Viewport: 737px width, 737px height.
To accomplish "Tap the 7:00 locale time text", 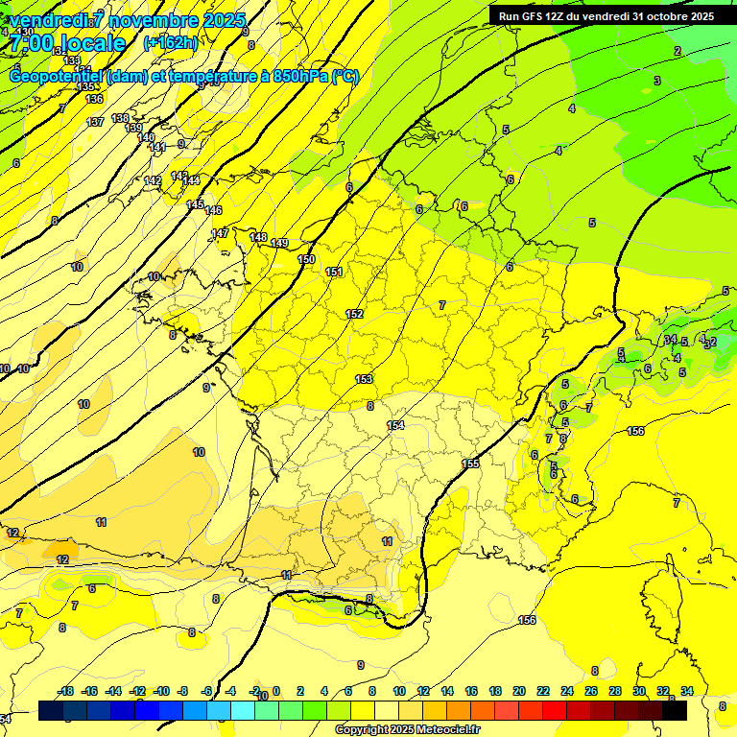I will point(67,43).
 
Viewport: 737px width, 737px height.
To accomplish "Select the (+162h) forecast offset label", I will point(170,42).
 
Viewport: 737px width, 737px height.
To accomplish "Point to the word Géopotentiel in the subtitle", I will point(58,77).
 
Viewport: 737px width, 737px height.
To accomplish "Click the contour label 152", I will point(354,315).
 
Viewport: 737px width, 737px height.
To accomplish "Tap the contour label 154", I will point(395,425).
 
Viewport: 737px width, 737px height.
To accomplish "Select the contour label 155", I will point(470,464).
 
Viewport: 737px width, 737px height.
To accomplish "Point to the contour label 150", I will point(306,260).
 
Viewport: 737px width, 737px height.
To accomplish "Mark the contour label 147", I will point(220,233).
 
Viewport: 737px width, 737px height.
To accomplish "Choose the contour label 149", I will point(279,244).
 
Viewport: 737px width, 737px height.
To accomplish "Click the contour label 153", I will point(364,380).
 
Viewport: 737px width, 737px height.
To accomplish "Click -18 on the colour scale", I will point(65,691).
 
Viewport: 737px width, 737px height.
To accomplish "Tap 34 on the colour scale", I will point(687,691).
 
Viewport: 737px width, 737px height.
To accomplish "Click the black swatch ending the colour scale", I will point(675,710).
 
